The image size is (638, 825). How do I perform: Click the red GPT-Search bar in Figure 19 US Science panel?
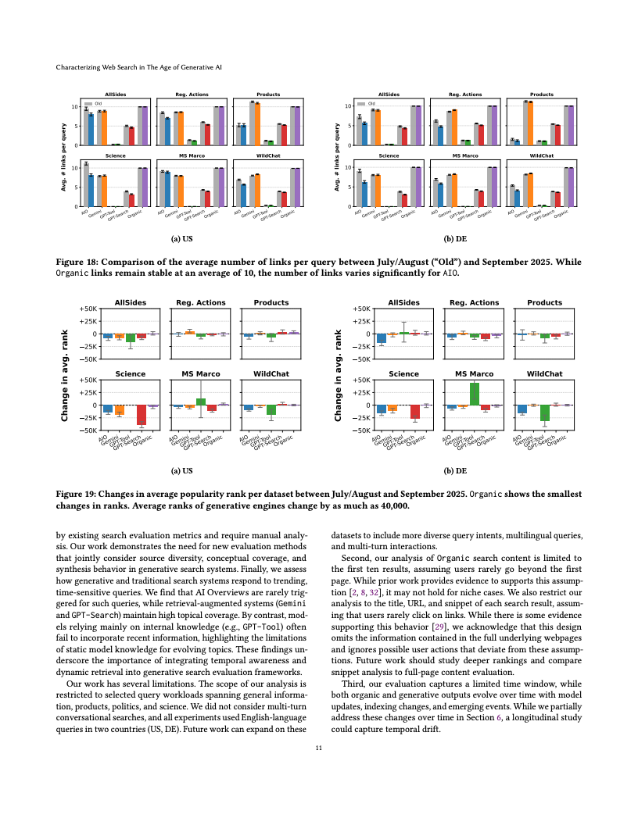(x=142, y=414)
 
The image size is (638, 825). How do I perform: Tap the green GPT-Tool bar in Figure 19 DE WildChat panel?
(x=544, y=412)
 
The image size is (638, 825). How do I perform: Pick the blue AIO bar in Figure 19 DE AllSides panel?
(x=382, y=338)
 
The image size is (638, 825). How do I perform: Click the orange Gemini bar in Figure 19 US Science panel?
(x=120, y=409)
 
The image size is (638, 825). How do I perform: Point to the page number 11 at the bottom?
(x=318, y=748)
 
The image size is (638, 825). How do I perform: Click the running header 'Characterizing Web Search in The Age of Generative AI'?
(x=139, y=68)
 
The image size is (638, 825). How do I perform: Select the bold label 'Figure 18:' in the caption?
(x=79, y=262)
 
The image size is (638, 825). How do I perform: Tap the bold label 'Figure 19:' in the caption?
(x=79, y=494)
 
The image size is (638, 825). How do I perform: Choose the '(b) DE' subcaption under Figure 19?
(x=455, y=471)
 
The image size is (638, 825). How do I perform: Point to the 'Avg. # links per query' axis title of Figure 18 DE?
(x=337, y=157)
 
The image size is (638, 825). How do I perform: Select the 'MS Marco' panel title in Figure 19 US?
(x=201, y=374)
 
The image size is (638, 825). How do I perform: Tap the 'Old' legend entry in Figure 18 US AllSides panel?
(x=99, y=103)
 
